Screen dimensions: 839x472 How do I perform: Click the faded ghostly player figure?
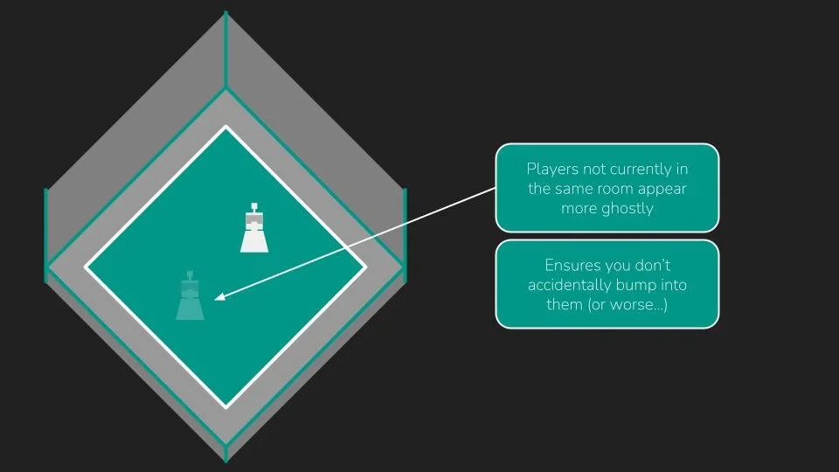click(190, 300)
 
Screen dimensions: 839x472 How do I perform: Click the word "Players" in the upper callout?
click(551, 169)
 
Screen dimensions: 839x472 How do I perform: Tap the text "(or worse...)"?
click(627, 304)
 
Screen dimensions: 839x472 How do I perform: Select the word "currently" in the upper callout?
click(643, 169)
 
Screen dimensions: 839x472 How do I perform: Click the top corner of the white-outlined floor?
click(226, 128)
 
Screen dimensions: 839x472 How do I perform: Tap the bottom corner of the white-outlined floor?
click(226, 406)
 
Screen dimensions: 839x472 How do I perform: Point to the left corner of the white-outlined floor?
click(86, 266)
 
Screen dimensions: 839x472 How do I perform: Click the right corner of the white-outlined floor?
click(366, 267)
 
